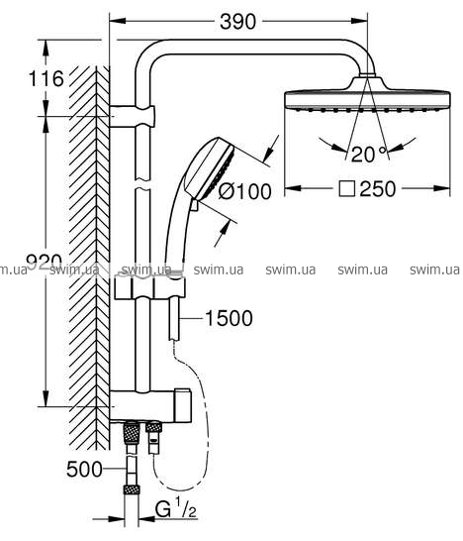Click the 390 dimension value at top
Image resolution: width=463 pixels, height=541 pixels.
click(237, 22)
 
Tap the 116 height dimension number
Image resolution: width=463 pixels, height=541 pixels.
click(46, 78)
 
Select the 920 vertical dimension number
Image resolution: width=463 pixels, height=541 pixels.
click(45, 262)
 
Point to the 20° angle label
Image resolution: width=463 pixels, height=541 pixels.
click(368, 154)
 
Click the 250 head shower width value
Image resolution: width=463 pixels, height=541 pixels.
click(378, 189)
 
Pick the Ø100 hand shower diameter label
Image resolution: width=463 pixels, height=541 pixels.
click(245, 191)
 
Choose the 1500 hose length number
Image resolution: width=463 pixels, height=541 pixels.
click(229, 318)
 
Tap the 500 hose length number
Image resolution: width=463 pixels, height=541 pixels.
click(84, 470)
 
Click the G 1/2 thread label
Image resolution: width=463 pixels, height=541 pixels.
click(176, 508)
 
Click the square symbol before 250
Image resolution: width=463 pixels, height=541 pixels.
click(346, 189)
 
